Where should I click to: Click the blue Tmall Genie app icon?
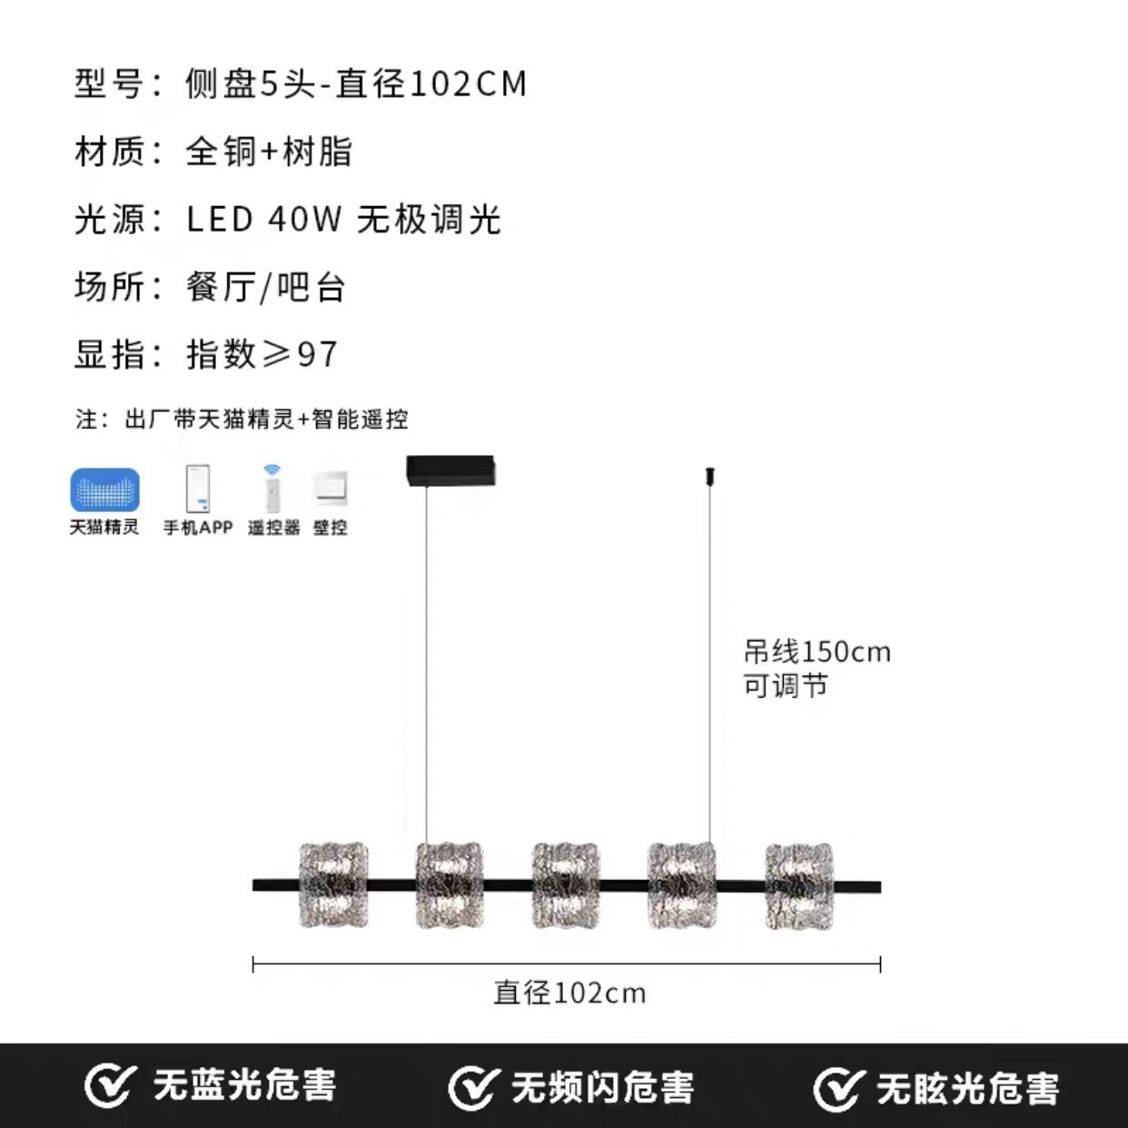[104, 490]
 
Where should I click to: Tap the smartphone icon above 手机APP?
[197, 489]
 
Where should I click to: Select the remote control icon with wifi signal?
[272, 489]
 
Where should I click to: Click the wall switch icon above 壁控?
[331, 489]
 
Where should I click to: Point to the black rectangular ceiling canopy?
[450, 470]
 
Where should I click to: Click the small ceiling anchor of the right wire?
[710, 475]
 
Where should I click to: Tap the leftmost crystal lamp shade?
[333, 886]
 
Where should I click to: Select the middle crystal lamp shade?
[566, 886]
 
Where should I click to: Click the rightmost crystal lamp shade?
[799, 886]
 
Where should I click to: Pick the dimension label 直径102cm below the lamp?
[569, 994]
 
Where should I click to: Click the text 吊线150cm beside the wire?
[817, 651]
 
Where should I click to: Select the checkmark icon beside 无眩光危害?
[837, 1089]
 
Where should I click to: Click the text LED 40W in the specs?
[264, 220]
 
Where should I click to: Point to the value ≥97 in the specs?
[299, 354]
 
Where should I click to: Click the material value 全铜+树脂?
[269, 152]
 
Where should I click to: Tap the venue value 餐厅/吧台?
[266, 287]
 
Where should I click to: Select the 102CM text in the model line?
[468, 84]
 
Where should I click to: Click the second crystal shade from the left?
[450, 886]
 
